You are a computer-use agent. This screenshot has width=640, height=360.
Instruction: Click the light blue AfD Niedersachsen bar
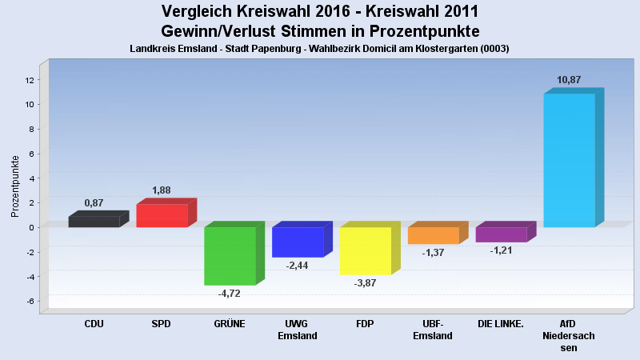click(x=570, y=160)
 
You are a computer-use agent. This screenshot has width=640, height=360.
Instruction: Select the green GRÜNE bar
click(x=230, y=256)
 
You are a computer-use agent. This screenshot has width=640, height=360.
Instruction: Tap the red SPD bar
click(x=162, y=215)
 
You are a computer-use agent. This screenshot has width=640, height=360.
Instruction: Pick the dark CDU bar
click(x=94, y=222)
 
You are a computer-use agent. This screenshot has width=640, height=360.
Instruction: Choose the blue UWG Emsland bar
click(x=298, y=242)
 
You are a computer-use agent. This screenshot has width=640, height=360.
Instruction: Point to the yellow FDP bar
click(x=366, y=250)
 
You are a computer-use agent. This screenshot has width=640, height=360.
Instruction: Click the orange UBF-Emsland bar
click(x=433, y=235)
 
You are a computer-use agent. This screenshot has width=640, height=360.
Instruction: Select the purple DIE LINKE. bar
click(x=501, y=234)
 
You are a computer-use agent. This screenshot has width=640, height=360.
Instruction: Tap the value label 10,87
click(x=569, y=80)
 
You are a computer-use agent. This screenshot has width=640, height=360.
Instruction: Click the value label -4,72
click(x=229, y=293)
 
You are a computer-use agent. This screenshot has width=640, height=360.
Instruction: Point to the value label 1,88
click(x=162, y=190)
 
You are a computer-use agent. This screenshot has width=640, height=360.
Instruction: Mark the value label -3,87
click(x=366, y=282)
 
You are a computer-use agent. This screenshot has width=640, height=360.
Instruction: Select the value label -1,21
click(x=501, y=250)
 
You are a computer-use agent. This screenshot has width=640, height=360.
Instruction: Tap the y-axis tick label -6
click(x=29, y=302)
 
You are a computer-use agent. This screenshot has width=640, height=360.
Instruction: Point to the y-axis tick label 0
click(x=30, y=227)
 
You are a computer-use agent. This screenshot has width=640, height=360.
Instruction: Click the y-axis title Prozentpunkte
click(x=15, y=186)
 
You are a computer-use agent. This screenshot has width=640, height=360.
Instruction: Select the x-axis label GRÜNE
click(x=230, y=324)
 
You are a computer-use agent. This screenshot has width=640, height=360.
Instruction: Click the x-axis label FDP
click(x=366, y=324)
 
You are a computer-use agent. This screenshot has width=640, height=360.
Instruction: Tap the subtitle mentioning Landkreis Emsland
click(x=319, y=49)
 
